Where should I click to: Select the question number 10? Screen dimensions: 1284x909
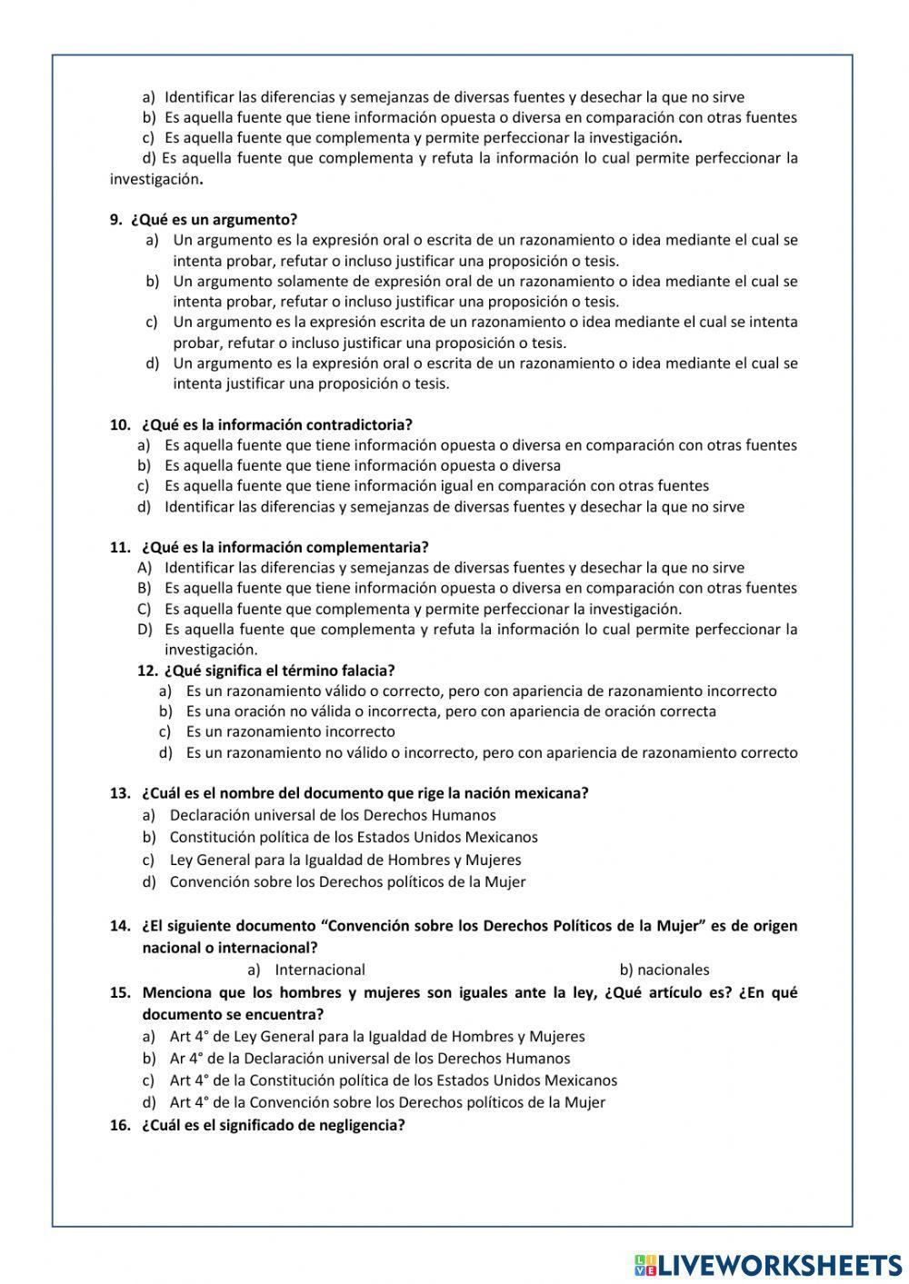120,424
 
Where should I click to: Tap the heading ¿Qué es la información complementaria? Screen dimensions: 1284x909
285,547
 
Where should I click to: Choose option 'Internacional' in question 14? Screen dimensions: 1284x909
319,970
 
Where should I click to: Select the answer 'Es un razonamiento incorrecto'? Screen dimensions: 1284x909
290,732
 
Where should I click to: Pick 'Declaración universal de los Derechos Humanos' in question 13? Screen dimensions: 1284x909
332,815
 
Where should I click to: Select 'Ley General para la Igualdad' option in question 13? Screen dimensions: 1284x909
345,860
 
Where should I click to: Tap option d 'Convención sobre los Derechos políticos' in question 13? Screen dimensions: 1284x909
347,881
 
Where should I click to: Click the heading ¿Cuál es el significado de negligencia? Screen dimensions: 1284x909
273,1125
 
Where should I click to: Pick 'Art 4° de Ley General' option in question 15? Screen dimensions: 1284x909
376,1036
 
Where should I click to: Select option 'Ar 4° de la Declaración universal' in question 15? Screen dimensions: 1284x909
369,1058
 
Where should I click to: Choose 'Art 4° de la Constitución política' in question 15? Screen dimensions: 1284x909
393,1080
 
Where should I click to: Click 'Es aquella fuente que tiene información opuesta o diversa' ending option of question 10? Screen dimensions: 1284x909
362,465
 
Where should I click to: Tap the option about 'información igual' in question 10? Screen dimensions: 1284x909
436,486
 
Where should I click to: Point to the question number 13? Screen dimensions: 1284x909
120,792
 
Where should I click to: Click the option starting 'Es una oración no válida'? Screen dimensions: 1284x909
450,712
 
